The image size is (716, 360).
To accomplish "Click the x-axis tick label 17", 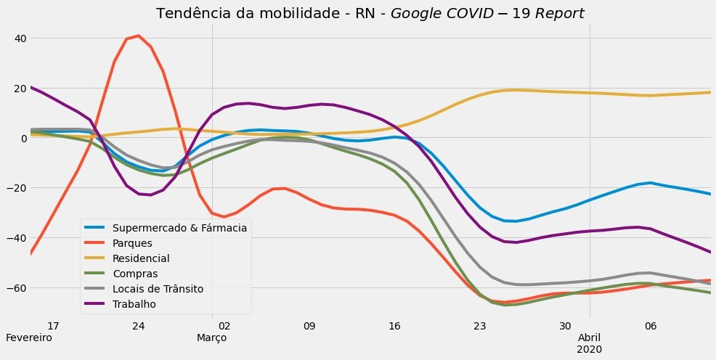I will coord(53,326).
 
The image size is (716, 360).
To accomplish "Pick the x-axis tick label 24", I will coord(139,326).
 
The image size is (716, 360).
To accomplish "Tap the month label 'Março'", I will coord(212,338).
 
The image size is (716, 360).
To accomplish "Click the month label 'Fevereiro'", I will coord(29,338).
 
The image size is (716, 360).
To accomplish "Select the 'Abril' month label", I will coord(590,338).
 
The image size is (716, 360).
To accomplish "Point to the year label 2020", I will coord(590,350).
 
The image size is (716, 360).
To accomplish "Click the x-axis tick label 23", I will coord(479,326).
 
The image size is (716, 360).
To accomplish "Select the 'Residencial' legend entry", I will coord(141,258).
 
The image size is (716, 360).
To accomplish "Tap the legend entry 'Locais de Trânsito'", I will coord(158,289).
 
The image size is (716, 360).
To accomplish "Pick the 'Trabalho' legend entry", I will coord(134,304).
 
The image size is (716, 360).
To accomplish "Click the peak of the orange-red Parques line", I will coord(138,36).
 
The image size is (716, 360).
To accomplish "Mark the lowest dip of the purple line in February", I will coord(149,195).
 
